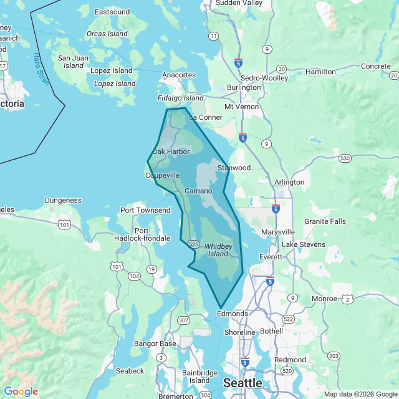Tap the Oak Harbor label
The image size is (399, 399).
pyautogui.click(x=171, y=151)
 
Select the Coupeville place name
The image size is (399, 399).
pyautogui.click(x=162, y=176)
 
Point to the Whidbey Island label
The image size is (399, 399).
pyautogui.click(x=217, y=250)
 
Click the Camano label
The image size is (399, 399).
pyautogui.click(x=199, y=190)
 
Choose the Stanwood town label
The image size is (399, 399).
pyautogui.click(x=234, y=168)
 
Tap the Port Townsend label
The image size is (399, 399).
pyautogui.click(x=145, y=210)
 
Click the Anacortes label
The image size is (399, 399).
pyautogui.click(x=179, y=75)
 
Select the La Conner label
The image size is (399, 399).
pyautogui.click(x=205, y=117)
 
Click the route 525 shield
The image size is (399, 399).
pyautogui.click(x=193, y=244)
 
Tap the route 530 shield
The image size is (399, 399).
pyautogui.click(x=345, y=159)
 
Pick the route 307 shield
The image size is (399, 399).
pyautogui.click(x=183, y=320)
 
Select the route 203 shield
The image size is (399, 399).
pyautogui.click(x=334, y=355)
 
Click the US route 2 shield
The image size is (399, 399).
pyautogui.click(x=347, y=299)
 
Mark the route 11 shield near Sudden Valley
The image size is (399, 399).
pyautogui.click(x=214, y=36)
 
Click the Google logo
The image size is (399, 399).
pyautogui.click(x=21, y=392)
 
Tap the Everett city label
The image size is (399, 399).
pyautogui.click(x=271, y=257)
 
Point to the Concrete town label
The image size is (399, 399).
pyautogui.click(x=376, y=66)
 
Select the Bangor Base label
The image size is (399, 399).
pyautogui.click(x=155, y=344)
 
